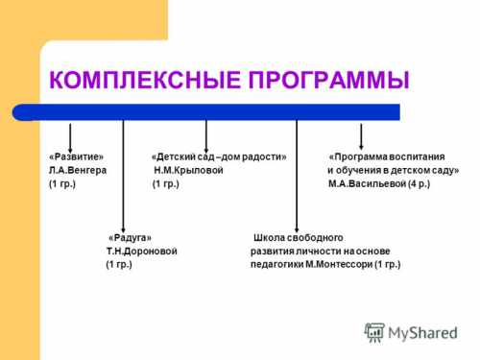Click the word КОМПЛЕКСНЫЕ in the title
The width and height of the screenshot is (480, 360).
(141, 81)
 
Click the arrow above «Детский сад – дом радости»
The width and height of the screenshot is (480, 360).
(206, 133)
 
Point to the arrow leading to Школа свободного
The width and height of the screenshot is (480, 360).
(297, 173)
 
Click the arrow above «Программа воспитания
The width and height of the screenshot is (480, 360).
(361, 133)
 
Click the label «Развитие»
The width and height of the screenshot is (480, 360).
(76, 156)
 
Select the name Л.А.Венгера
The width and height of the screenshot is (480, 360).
(78, 170)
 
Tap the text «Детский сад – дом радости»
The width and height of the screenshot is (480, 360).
(219, 156)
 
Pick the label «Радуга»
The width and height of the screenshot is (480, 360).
(130, 237)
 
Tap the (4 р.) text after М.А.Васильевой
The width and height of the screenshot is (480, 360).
(419, 183)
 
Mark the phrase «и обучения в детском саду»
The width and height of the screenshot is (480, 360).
(393, 170)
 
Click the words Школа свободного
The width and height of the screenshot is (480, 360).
(298, 237)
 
